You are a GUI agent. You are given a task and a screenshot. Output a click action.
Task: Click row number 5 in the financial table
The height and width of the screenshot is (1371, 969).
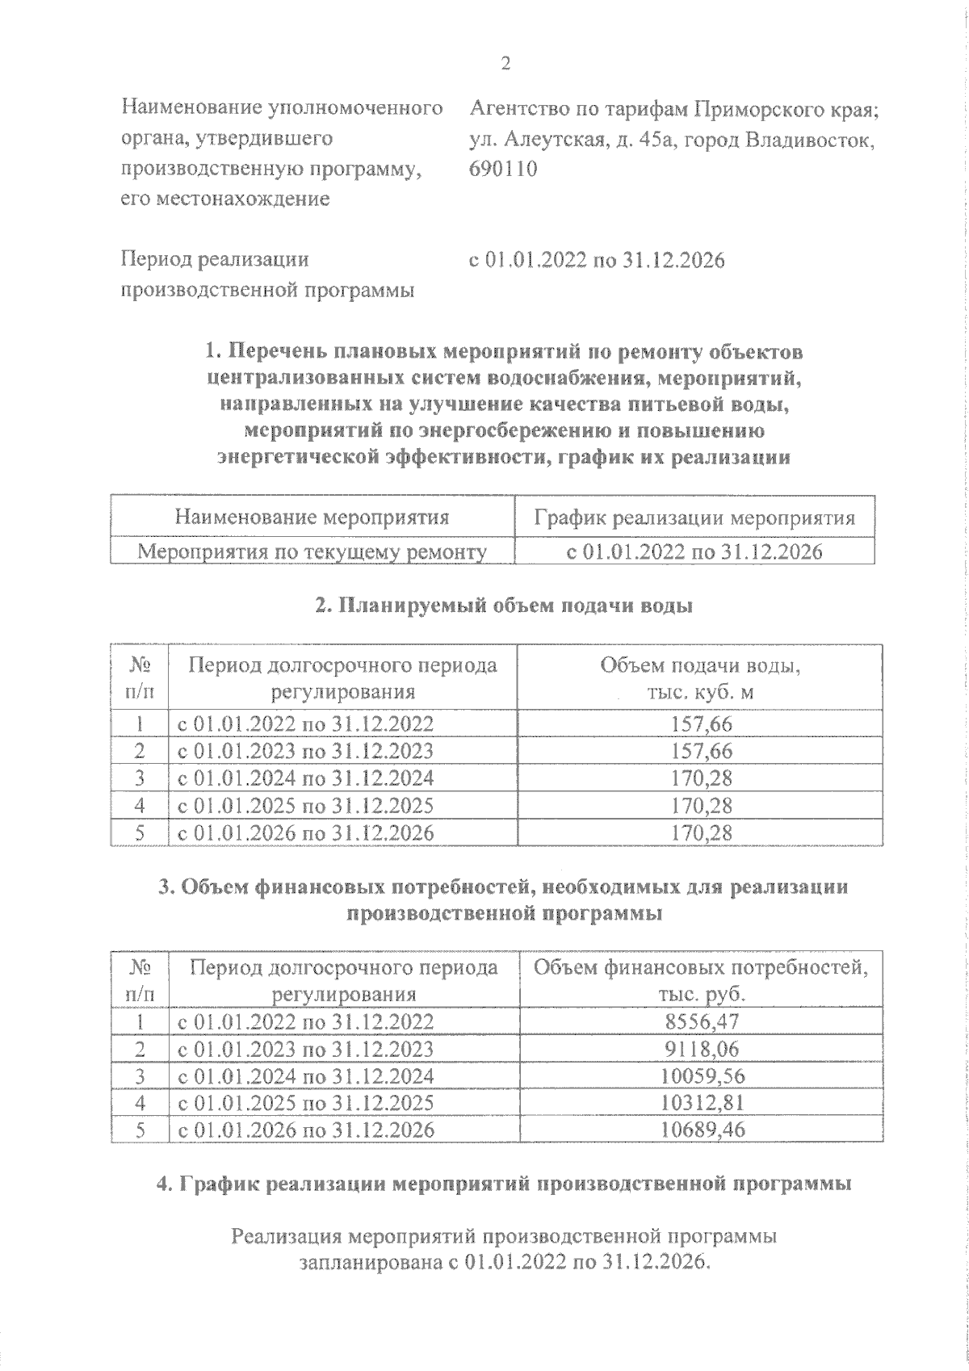click(140, 1129)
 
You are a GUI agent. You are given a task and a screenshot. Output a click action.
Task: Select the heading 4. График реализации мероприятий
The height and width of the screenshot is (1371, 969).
click(504, 1184)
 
